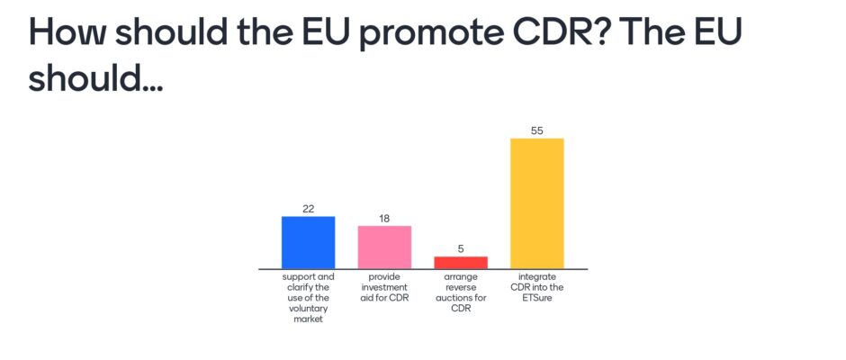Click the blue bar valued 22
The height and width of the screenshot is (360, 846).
(x=308, y=242)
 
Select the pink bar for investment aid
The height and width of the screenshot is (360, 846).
(x=384, y=247)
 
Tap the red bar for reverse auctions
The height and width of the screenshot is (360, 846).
(x=461, y=262)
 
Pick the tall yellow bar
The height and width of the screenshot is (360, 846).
(x=537, y=203)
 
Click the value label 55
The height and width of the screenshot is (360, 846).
(x=536, y=130)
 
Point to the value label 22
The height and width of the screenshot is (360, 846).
(x=308, y=209)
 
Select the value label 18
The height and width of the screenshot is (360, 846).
(x=384, y=219)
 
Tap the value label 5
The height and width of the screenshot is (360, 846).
(x=461, y=248)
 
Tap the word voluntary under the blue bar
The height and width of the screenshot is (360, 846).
(x=308, y=308)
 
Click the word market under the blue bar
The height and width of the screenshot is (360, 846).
(x=308, y=319)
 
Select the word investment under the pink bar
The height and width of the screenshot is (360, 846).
(x=384, y=288)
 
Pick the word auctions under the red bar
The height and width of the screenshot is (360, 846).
(x=461, y=298)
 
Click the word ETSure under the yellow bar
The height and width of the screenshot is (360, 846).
(x=537, y=298)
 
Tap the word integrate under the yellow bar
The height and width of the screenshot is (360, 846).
(x=537, y=277)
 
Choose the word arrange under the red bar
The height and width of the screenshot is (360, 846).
(x=461, y=277)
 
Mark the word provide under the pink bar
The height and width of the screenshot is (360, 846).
(x=384, y=277)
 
